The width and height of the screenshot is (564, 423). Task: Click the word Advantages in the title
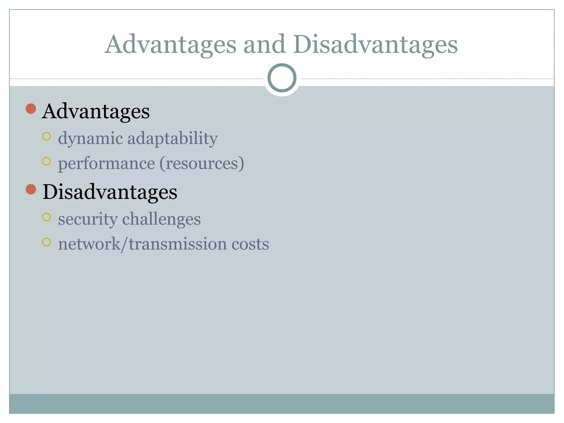(171, 45)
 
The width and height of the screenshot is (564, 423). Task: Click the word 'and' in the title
(264, 45)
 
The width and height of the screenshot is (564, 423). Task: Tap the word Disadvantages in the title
(375, 45)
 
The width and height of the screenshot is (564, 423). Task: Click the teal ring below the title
(282, 78)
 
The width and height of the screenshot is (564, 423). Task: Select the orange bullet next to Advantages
(31, 109)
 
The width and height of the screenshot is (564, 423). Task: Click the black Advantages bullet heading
(96, 111)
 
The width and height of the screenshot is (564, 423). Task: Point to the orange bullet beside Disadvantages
(31, 189)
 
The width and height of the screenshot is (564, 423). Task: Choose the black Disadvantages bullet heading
(110, 192)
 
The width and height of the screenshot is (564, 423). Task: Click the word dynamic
(90, 138)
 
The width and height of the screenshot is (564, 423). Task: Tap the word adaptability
(172, 138)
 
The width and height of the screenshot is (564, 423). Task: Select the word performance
(106, 164)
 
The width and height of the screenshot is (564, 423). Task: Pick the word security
(88, 219)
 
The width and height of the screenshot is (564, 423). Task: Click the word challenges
(161, 219)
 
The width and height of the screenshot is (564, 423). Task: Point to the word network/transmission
(142, 244)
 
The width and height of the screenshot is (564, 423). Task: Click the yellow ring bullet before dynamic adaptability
(47, 136)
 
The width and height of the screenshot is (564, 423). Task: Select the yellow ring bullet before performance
(47, 161)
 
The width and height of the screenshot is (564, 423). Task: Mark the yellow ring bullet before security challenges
(47, 217)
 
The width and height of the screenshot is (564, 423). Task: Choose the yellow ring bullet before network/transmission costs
(47, 242)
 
